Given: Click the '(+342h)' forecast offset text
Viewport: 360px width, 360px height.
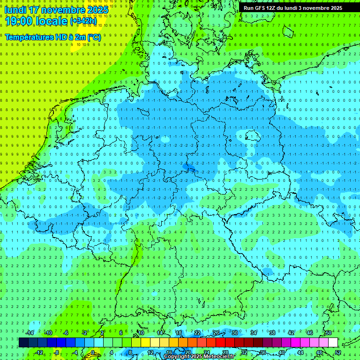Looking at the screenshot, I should (x=83, y=21).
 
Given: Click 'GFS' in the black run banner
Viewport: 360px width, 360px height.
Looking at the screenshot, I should (x=260, y=8).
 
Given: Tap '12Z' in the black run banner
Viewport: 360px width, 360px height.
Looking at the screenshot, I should (x=273, y=8).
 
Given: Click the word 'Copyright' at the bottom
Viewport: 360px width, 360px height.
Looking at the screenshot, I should (x=177, y=357).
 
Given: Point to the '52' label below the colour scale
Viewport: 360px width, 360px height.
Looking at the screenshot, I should (x=338, y=352).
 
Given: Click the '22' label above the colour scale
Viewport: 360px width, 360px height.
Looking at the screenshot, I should (x=197, y=333).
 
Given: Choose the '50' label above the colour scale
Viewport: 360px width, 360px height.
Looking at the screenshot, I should (x=328, y=333).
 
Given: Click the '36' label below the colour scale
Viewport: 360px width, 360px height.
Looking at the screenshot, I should (x=263, y=352).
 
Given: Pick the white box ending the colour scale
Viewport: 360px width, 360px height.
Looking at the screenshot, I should (x=333, y=342).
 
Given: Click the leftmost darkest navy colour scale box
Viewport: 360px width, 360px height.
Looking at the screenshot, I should (x=23, y=342).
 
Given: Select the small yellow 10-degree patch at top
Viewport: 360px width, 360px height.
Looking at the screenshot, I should (x=80, y=45).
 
